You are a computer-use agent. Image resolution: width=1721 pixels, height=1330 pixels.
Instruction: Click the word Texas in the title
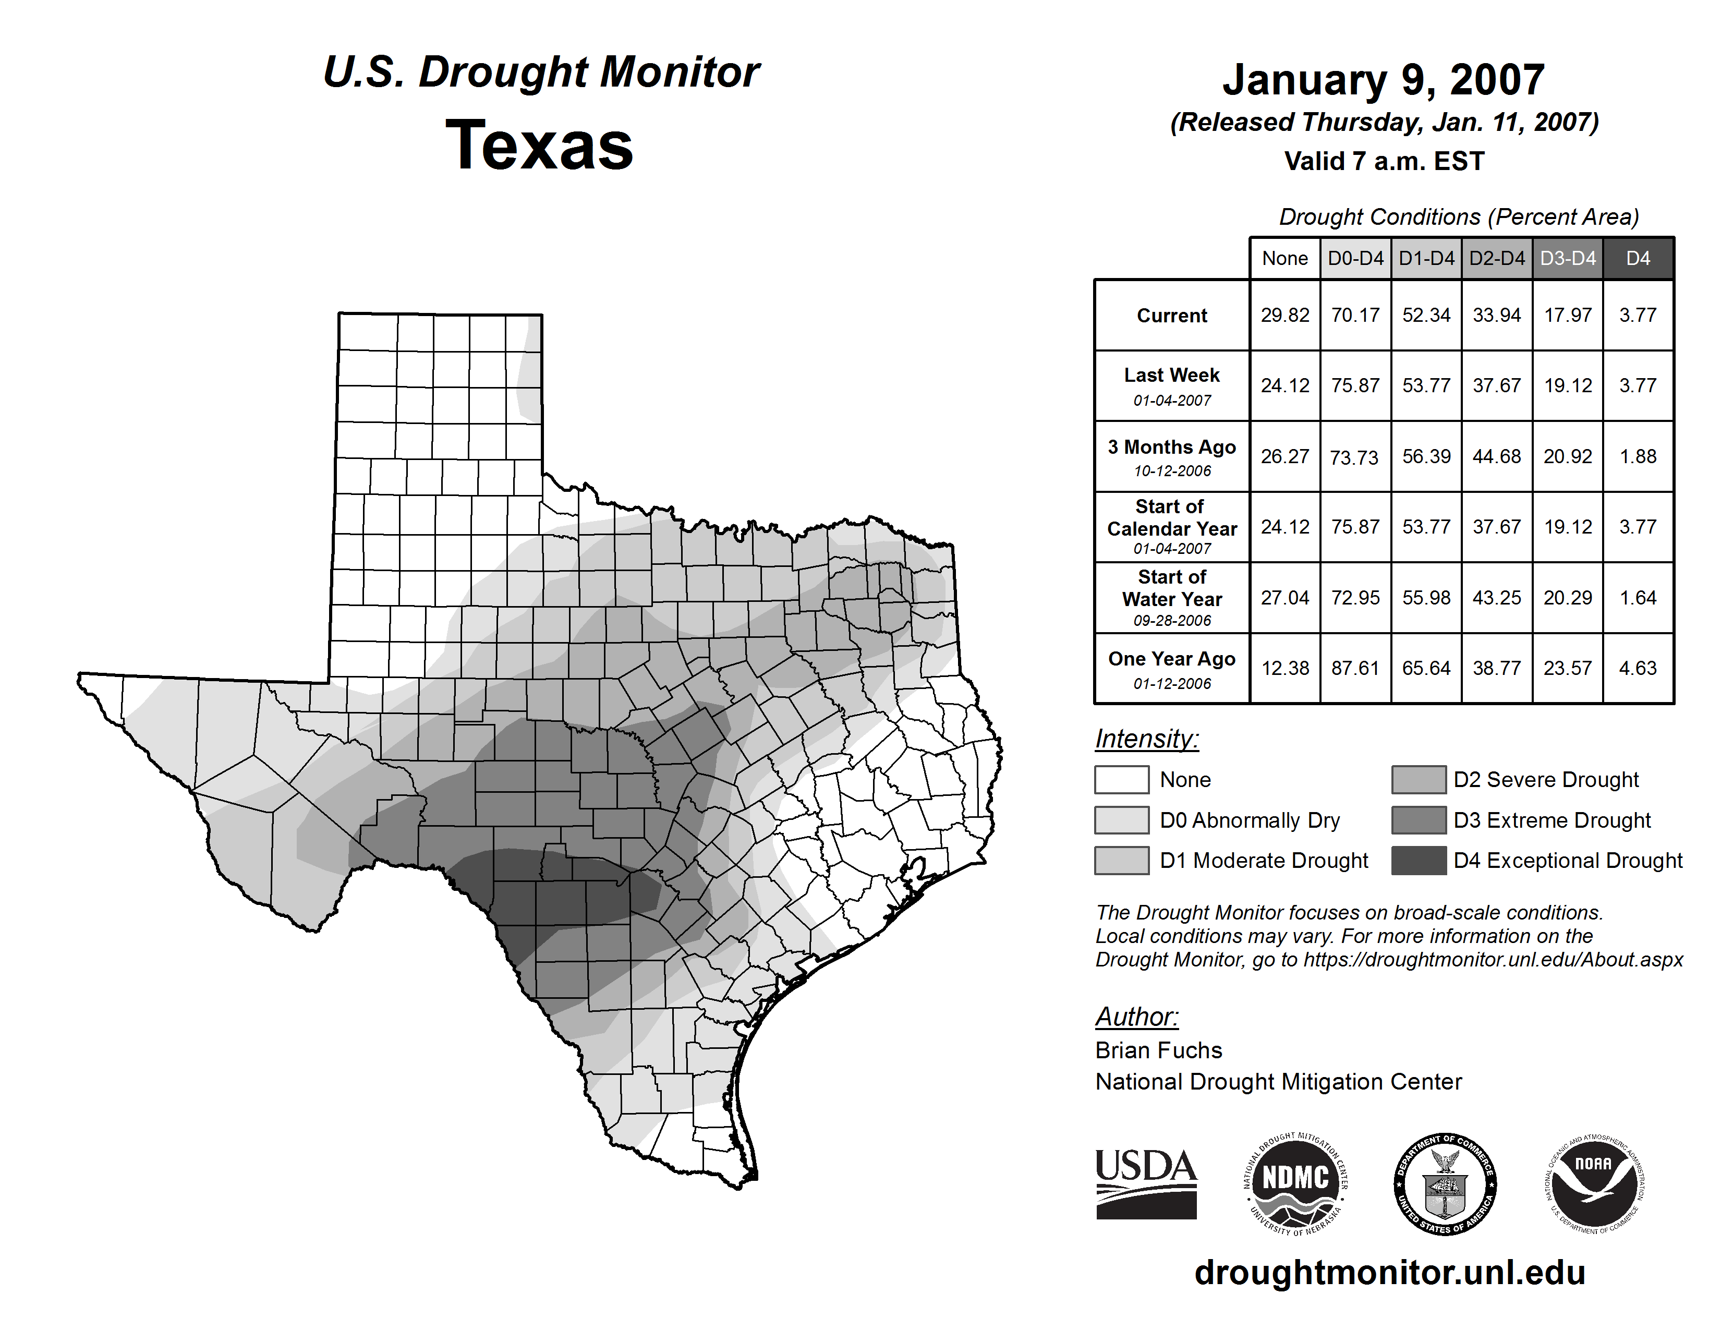pos(539,146)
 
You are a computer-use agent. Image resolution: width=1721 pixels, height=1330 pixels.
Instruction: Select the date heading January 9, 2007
pos(1383,80)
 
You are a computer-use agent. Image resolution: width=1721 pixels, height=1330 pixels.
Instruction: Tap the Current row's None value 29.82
pos(1284,315)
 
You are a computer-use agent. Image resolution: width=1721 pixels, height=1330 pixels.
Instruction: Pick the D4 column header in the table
pos(1638,258)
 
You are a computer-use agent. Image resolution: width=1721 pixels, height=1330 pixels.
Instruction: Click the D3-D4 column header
pos(1567,258)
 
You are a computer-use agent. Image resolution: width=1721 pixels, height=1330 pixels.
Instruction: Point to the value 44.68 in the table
pos(1496,456)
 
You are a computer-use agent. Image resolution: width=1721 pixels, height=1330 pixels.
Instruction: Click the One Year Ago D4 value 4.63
pos(1638,668)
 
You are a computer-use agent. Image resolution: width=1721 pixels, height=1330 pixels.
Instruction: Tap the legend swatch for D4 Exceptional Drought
pos(1419,861)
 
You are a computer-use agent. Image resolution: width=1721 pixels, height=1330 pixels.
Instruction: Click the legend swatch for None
pos(1121,779)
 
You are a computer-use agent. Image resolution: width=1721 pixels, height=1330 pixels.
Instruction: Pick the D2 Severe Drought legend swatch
pos(1419,779)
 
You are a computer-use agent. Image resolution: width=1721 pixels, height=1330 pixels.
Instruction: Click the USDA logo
pos(1146,1183)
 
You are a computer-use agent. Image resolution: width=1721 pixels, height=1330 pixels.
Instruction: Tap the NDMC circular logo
pos(1295,1183)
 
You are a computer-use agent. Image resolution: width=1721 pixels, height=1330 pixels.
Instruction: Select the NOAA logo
pos(1593,1183)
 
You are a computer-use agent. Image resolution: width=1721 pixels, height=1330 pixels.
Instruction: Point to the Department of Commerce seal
pos(1445,1183)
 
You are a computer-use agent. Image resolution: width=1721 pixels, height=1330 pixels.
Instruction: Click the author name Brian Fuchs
pos(1158,1050)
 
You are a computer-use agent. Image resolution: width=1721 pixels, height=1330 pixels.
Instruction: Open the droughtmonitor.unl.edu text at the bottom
pos(1390,1273)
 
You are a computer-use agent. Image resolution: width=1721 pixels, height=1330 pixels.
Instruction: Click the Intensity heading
pos(1146,739)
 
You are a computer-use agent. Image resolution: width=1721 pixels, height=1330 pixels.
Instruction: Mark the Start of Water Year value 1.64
pos(1638,598)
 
